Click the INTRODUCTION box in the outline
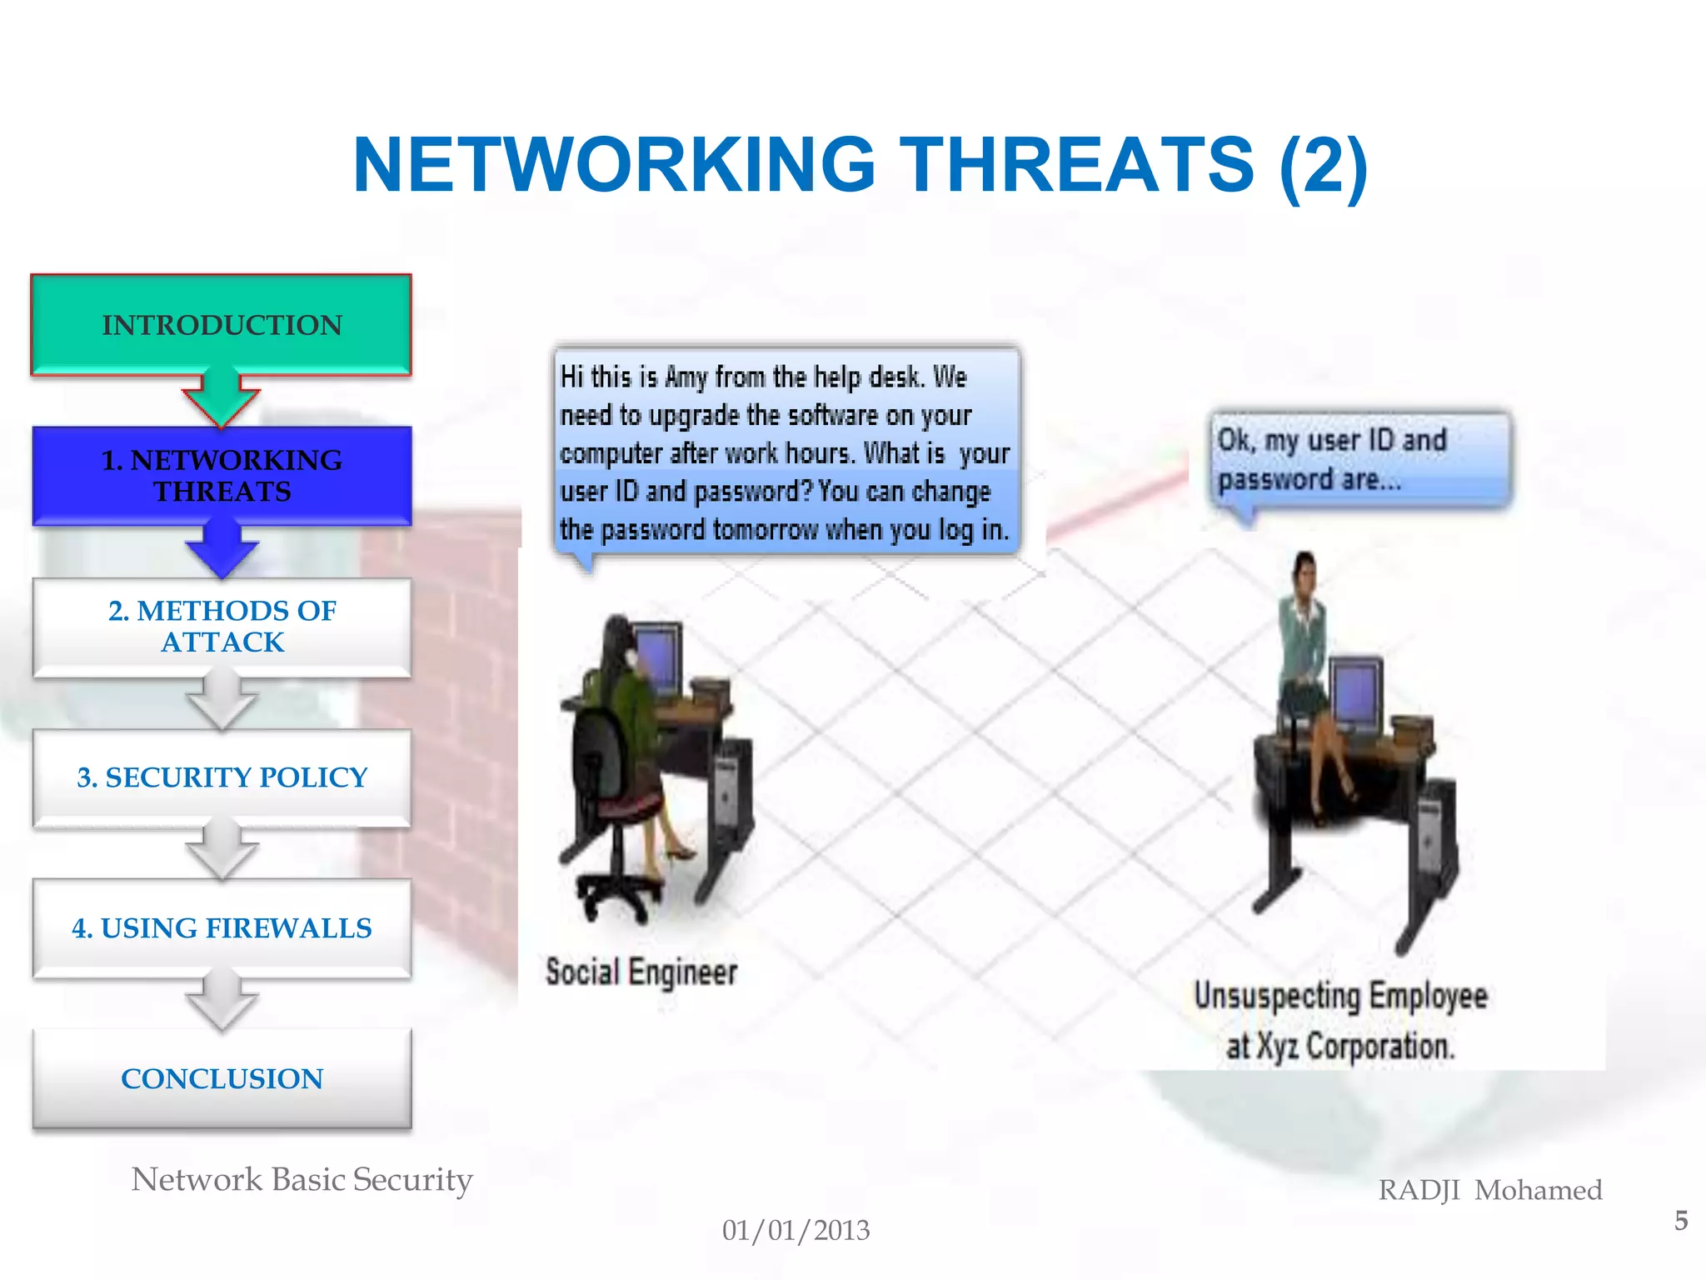point(222,325)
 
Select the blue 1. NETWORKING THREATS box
point(222,476)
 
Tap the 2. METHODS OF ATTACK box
point(222,627)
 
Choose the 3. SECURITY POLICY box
point(222,777)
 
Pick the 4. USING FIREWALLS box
point(222,928)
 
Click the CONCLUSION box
point(222,1079)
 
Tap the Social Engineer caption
point(641,972)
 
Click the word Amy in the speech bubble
point(686,377)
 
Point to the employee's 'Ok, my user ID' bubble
point(1359,459)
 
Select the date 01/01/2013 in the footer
point(796,1231)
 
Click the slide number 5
point(1681,1221)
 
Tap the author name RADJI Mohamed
point(1490,1190)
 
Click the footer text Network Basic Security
point(302,1180)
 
